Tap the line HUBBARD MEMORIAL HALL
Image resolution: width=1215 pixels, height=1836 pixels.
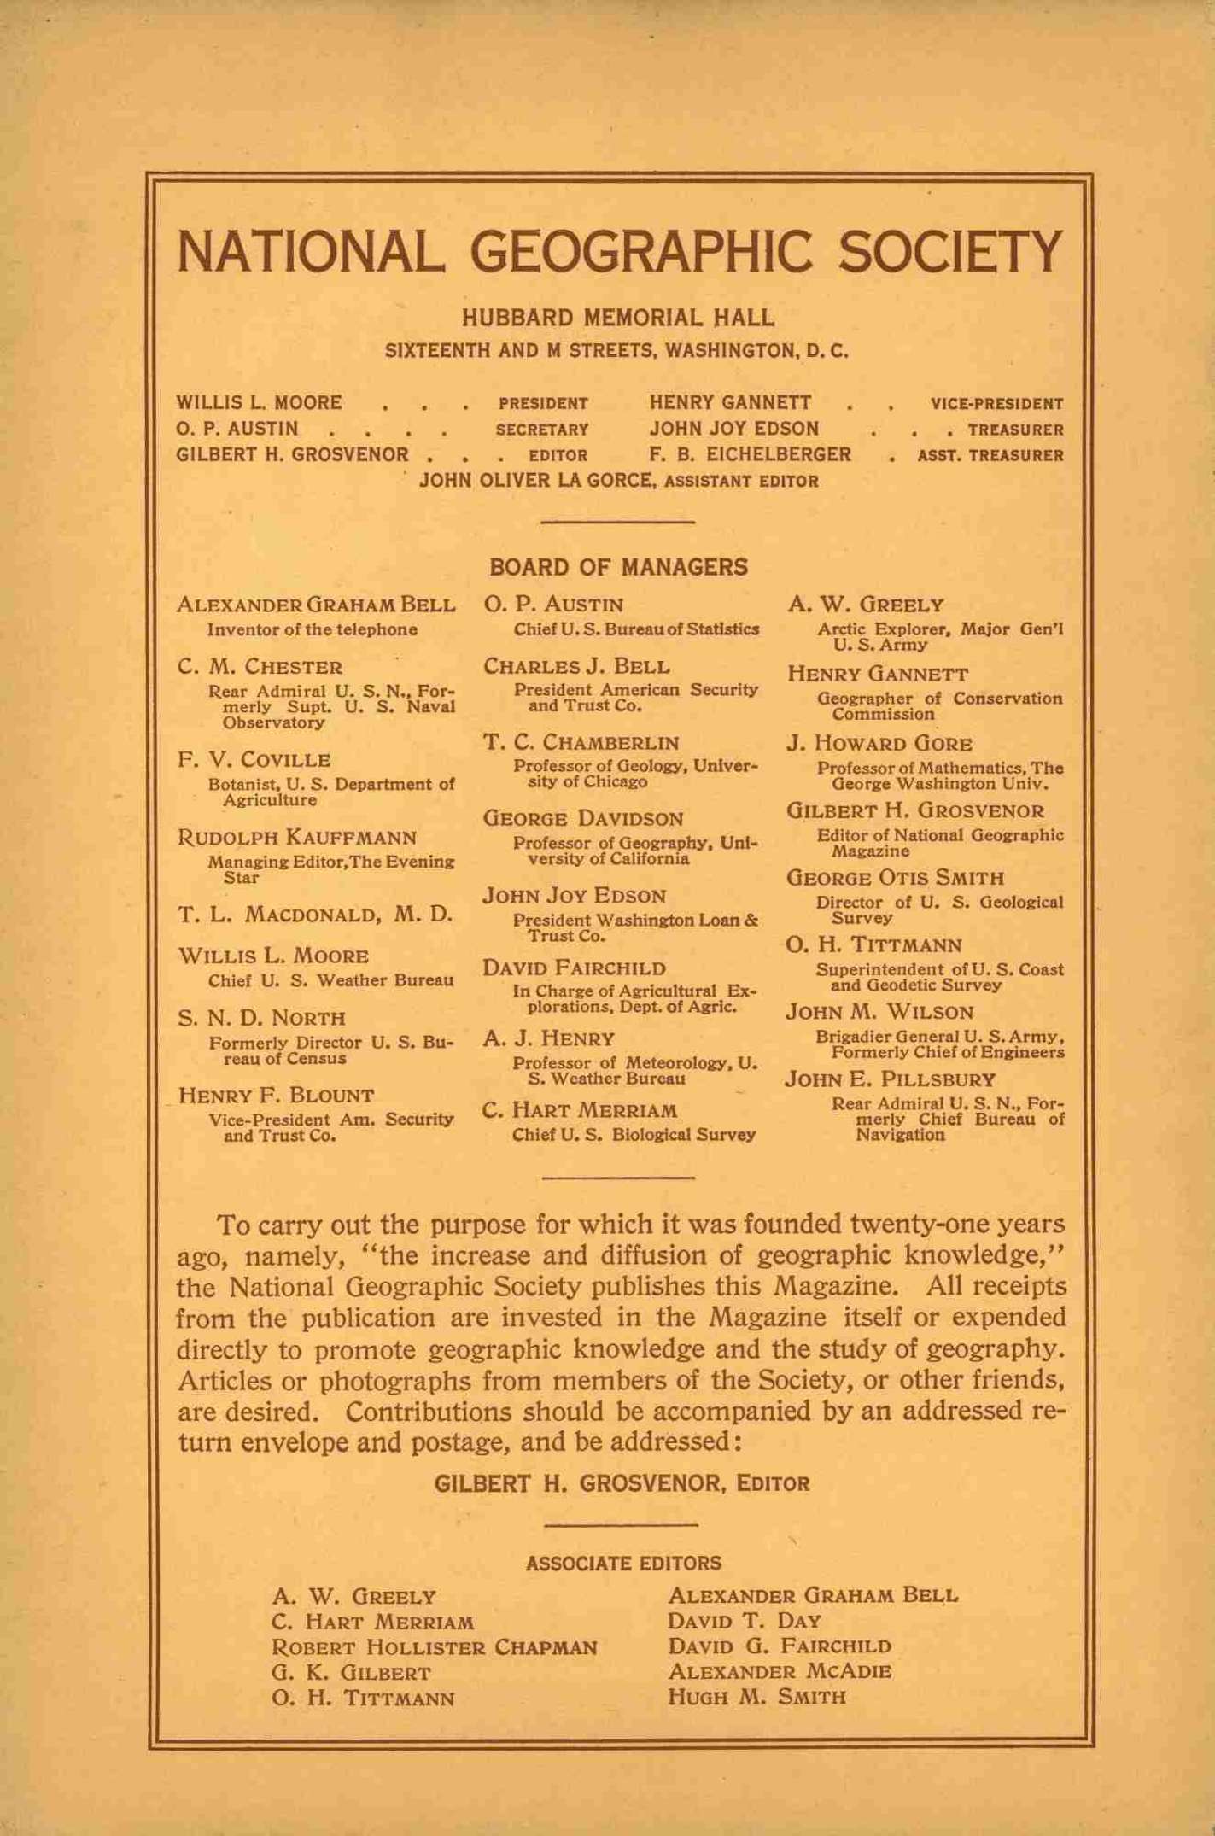pyautogui.click(x=617, y=319)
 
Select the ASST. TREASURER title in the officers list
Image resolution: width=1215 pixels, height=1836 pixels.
pyautogui.click(x=990, y=456)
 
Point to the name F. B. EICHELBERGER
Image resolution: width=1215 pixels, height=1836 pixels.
pyautogui.click(x=750, y=454)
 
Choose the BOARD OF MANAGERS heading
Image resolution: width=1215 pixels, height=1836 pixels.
pyautogui.click(x=618, y=567)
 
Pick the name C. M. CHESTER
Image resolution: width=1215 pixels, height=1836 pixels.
pyautogui.click(x=260, y=667)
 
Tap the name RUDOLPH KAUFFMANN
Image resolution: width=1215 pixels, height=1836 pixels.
pyautogui.click(x=296, y=837)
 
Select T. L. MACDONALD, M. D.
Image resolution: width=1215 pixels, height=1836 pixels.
pyautogui.click(x=314, y=915)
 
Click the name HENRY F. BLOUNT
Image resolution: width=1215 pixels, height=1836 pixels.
pyautogui.click(x=276, y=1096)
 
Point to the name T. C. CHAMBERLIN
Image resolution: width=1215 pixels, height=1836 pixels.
pyautogui.click(x=581, y=742)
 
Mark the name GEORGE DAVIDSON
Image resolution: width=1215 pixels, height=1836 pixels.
pyautogui.click(x=583, y=818)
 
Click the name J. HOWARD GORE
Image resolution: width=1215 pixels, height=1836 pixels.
pyautogui.click(x=879, y=744)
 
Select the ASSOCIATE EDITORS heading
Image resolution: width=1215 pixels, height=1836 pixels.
pyautogui.click(x=623, y=1564)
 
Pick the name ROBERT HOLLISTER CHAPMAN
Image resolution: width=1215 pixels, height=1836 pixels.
pyautogui.click(x=434, y=1647)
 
